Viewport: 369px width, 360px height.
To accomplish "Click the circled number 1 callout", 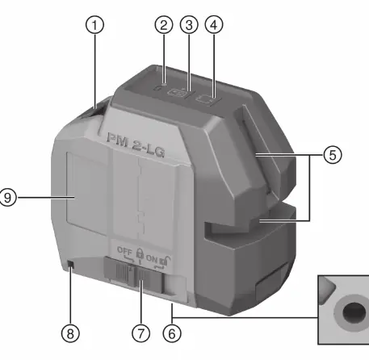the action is point(94,25).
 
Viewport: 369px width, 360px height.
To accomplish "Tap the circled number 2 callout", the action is point(164,25).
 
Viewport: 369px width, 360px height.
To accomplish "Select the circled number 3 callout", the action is point(189,25).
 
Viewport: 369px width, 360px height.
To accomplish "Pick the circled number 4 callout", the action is point(214,25).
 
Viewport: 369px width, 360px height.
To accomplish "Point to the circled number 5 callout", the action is point(333,155).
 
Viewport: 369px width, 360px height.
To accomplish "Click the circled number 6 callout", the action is point(172,333).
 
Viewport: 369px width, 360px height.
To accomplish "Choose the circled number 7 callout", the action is point(140,333).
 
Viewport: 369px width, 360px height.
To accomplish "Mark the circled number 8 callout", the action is point(70,333).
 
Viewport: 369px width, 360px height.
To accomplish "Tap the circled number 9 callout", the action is point(7,198).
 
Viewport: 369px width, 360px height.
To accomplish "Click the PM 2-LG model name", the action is point(136,144).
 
